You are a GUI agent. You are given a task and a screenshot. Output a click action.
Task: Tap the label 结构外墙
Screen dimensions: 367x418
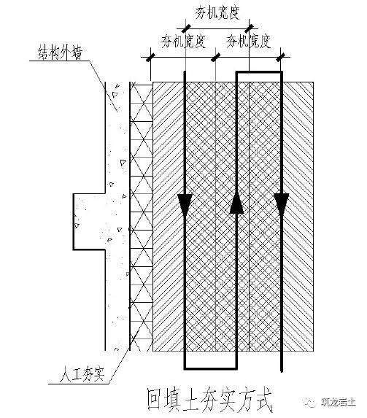coord(61,53)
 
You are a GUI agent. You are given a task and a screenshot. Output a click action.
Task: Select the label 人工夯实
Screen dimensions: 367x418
coord(82,374)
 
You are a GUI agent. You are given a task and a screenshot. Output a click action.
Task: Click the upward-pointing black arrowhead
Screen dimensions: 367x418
coord(236,204)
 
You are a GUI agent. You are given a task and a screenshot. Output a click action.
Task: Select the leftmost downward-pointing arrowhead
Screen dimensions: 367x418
coord(185,204)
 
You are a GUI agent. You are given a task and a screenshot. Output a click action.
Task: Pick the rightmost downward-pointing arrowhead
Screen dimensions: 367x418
coord(282,204)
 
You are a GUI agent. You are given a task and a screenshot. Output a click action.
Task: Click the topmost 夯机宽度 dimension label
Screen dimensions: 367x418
coord(217,13)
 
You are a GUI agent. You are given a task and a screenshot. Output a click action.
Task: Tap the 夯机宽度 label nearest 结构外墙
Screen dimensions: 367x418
coord(184,42)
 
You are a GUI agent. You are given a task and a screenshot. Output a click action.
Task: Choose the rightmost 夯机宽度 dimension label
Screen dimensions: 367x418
coord(248,42)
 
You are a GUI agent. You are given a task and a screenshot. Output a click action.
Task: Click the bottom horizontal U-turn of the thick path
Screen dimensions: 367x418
coord(210,368)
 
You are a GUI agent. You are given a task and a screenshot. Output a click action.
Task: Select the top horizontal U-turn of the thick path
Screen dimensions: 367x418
coord(259,71)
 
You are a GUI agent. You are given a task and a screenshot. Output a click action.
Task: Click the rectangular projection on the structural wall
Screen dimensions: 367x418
coord(89,222)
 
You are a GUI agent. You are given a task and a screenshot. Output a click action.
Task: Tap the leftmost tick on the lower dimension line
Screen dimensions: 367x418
coord(151,58)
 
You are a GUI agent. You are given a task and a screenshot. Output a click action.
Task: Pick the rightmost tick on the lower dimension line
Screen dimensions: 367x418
coord(281,58)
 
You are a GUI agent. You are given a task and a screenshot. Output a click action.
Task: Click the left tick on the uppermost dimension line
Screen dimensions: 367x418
coord(186,28)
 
